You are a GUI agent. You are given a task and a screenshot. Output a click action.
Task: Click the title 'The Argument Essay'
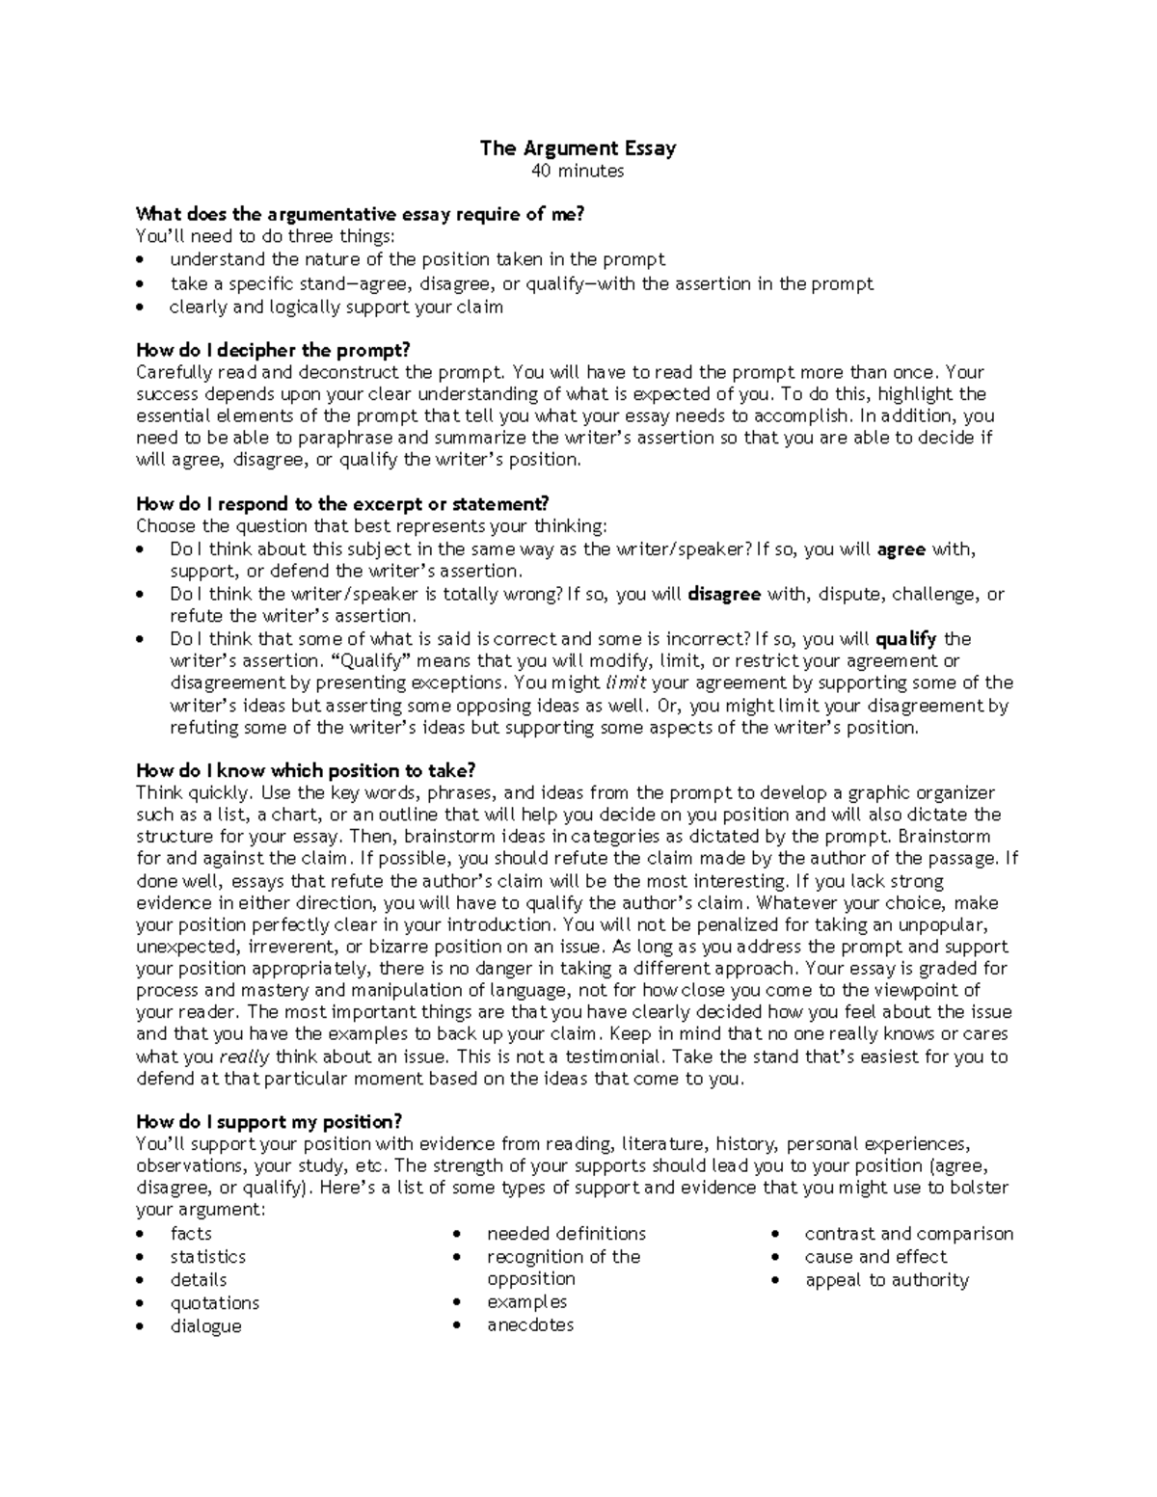578,148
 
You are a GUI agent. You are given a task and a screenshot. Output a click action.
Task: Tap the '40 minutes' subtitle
578,172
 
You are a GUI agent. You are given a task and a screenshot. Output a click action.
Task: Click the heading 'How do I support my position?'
268,1121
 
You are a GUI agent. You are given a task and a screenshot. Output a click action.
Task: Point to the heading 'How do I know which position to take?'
307,770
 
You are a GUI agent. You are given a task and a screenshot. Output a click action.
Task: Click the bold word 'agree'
901,549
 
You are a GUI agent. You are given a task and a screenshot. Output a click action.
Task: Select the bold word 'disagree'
724,594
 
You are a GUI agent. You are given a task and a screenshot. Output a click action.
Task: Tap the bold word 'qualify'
906,638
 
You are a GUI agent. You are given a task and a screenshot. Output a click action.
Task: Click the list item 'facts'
191,1234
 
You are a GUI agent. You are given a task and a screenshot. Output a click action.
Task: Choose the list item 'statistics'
208,1257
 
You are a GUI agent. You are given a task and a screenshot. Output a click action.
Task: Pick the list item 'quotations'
215,1303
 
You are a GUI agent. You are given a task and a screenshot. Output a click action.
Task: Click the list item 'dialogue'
206,1326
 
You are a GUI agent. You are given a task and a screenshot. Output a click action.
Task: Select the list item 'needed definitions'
566,1234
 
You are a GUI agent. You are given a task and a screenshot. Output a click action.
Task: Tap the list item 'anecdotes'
530,1325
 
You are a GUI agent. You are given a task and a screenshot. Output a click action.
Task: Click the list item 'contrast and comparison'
909,1234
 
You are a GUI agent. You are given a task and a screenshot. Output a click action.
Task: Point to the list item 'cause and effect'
876,1257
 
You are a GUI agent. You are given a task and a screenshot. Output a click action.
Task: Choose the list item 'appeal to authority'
887,1280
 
